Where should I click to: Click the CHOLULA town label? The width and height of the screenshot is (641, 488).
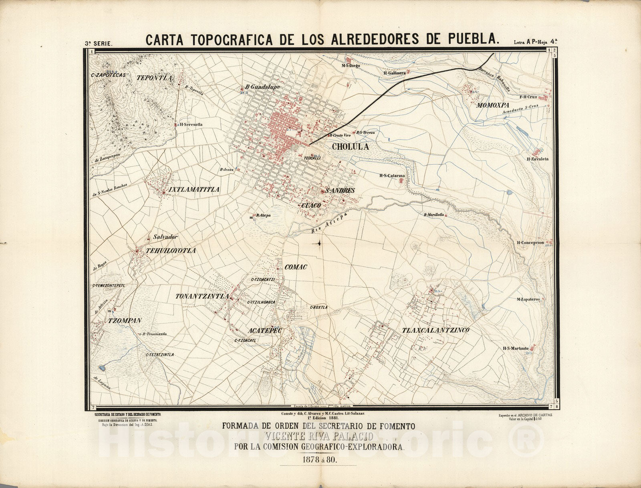coord(350,147)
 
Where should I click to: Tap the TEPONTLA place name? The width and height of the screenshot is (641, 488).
coord(154,78)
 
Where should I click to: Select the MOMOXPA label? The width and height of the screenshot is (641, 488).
coord(492,106)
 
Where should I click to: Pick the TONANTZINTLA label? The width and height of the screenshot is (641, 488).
coord(202,297)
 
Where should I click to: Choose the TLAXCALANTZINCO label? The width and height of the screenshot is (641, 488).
coord(435,330)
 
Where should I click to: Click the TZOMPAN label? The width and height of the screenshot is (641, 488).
coord(119,321)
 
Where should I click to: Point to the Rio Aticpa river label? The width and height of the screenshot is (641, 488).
coord(328,224)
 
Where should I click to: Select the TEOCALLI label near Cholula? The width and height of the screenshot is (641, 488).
coord(313,158)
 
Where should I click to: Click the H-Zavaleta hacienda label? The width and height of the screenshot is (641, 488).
coord(538,159)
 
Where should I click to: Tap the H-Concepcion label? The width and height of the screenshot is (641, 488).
coord(530,243)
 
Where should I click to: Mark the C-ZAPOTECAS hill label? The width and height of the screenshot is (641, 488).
coord(109,75)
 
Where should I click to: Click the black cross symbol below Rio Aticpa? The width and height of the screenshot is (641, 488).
coord(319,243)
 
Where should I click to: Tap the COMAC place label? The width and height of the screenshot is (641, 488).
coord(296,267)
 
